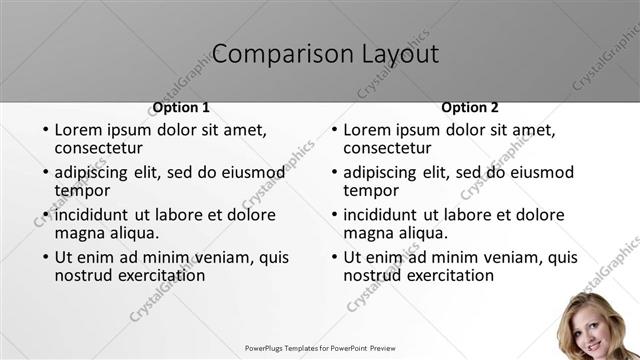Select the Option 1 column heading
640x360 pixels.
[x=181, y=107]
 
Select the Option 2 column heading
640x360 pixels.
[x=470, y=107]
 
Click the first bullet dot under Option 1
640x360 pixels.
[x=45, y=130]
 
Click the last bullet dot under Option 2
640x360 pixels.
[x=334, y=257]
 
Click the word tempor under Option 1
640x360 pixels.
[x=82, y=190]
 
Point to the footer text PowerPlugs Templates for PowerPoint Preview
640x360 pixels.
[x=320, y=349]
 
